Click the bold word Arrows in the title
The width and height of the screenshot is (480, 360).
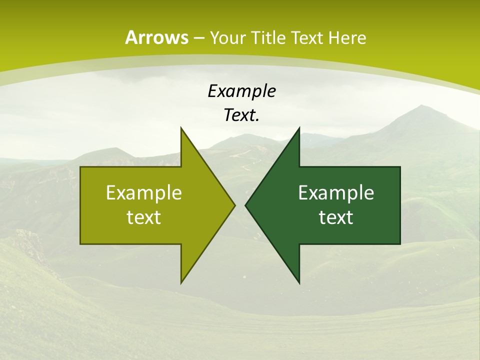tap(156, 37)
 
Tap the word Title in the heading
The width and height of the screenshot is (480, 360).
tap(268, 37)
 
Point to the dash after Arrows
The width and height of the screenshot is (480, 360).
tap(198, 38)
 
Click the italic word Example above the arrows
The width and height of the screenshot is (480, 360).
tap(241, 91)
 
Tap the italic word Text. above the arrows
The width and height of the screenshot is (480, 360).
tap(241, 115)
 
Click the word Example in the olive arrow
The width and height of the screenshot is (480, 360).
tap(144, 192)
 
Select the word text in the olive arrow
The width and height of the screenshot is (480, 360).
tap(144, 217)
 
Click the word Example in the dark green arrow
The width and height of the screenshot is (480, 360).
tap(336, 192)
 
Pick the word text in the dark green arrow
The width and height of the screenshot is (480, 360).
tap(336, 217)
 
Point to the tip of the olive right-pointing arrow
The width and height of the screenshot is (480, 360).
tap(235, 205)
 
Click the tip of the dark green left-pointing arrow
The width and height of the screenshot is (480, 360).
tap(245, 205)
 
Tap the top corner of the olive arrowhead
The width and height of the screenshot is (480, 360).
tap(181, 128)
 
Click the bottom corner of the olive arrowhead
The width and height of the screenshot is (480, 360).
tap(181, 282)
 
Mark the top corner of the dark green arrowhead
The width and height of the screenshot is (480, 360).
tap(299, 128)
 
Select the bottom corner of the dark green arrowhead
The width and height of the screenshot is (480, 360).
tap(299, 282)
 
